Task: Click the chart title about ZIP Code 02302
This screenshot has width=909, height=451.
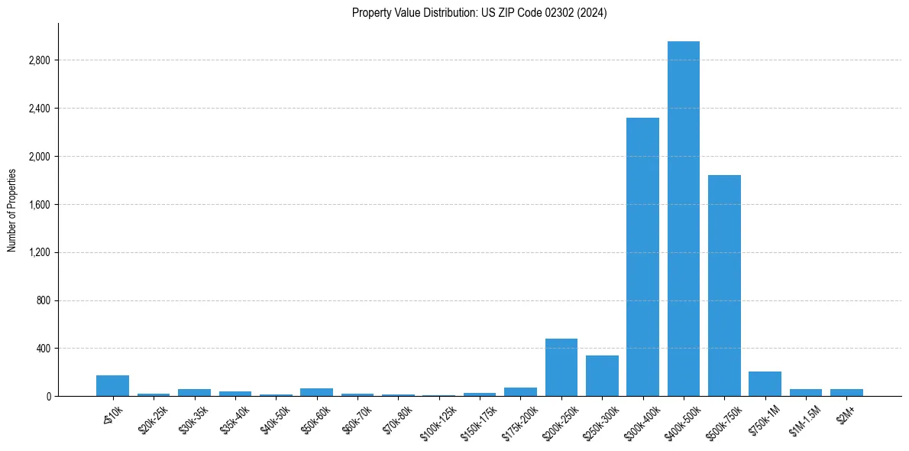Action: point(479,13)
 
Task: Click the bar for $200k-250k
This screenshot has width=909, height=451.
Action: point(561,368)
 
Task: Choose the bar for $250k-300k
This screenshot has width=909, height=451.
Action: point(602,376)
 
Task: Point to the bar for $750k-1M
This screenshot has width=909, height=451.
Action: point(765,384)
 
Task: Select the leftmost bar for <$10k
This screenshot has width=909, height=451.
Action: point(112,386)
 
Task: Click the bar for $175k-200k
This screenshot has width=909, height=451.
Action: point(520,392)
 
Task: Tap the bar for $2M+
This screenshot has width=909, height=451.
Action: point(846,393)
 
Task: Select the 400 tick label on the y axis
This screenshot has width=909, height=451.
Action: point(43,349)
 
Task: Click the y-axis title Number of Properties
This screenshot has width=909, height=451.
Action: point(12,210)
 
